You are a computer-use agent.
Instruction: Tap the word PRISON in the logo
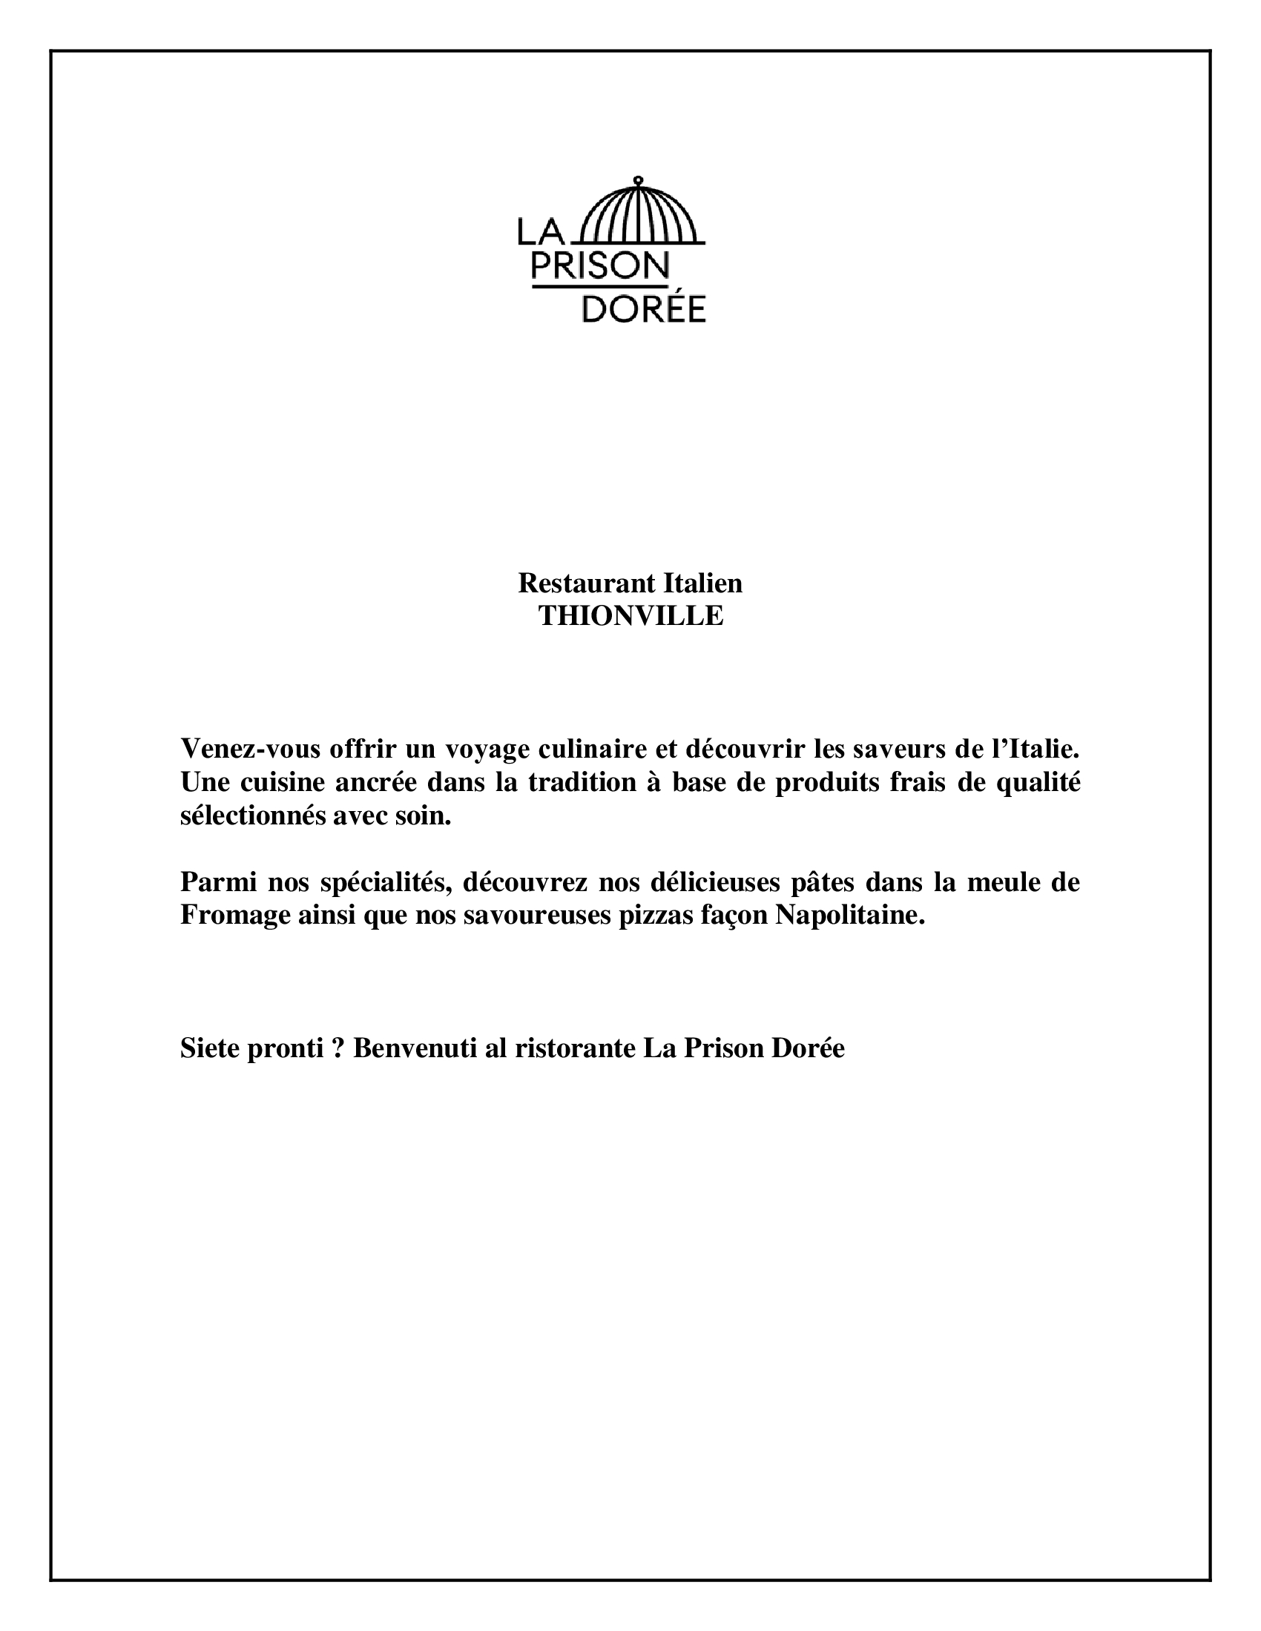pos(599,265)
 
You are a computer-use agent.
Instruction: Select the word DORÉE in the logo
pos(643,309)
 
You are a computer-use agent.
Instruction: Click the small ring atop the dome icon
pos(637,180)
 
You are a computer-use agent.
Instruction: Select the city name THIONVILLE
pos(631,616)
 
